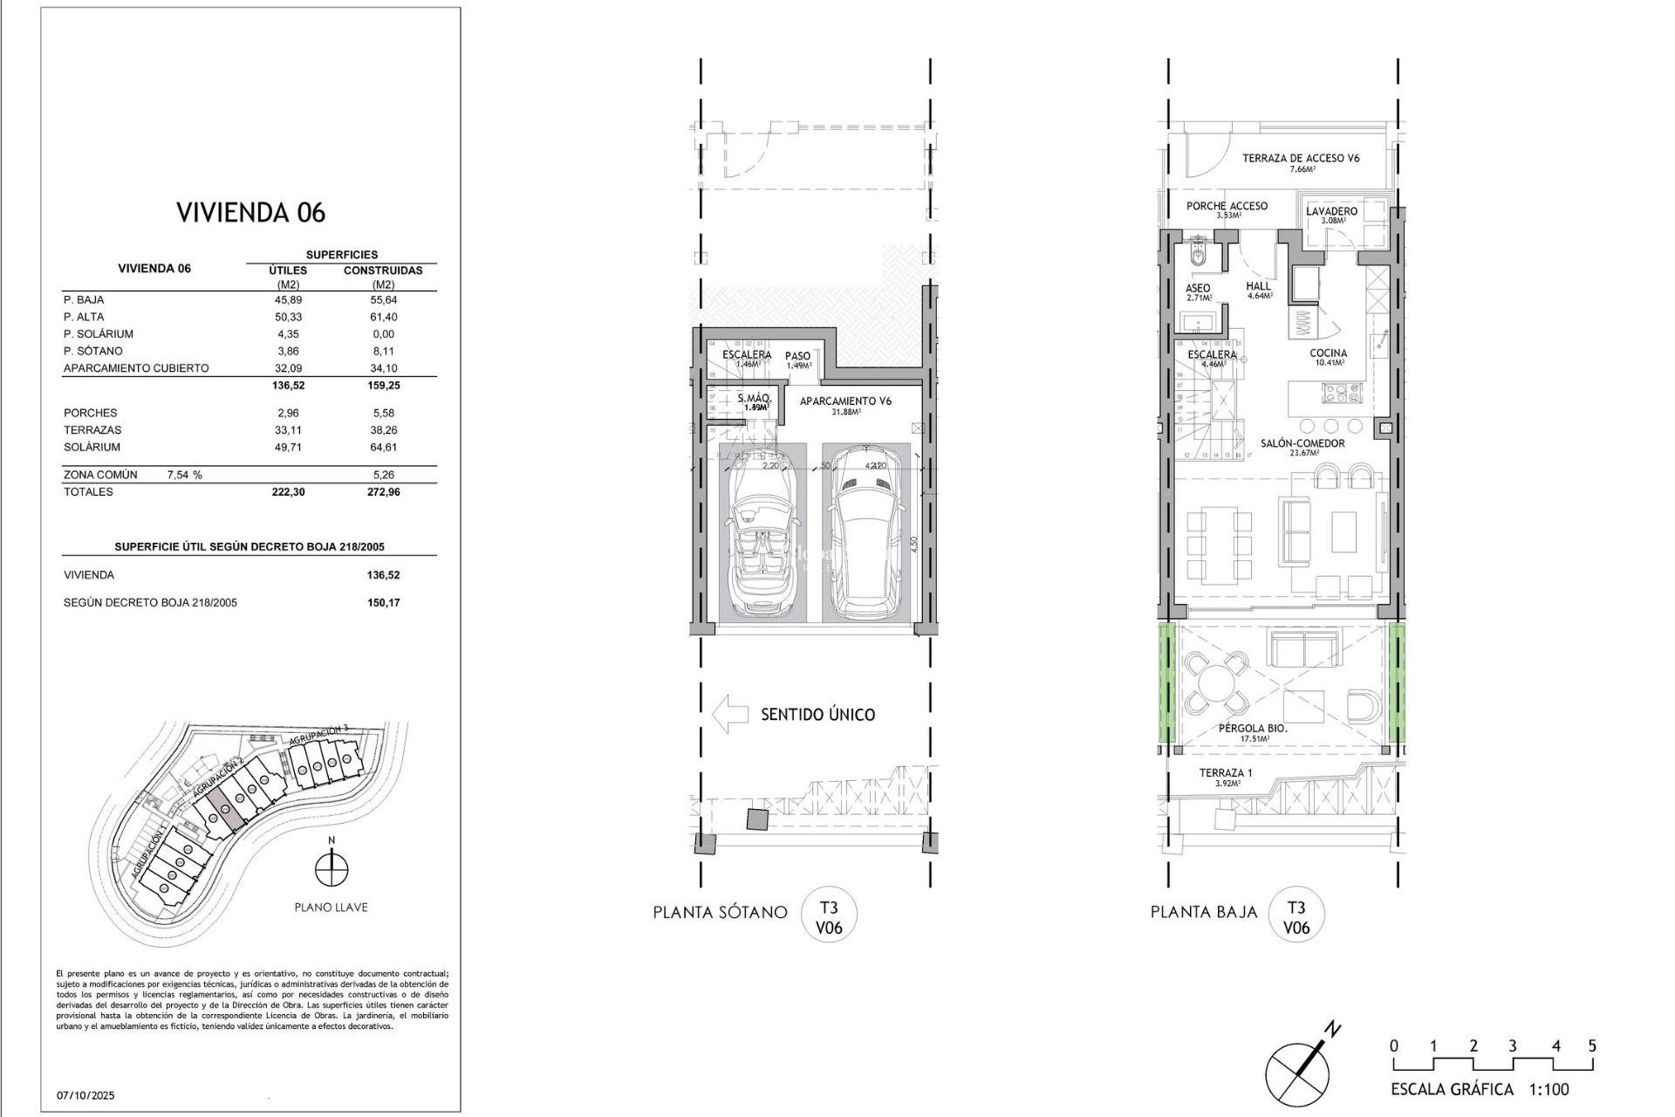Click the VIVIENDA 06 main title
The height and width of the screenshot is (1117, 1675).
click(250, 212)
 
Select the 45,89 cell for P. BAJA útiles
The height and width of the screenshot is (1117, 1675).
click(288, 299)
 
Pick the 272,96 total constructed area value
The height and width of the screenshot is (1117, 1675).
click(383, 491)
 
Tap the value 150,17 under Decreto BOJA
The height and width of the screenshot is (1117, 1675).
click(383, 602)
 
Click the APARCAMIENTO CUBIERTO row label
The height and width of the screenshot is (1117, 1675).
click(136, 368)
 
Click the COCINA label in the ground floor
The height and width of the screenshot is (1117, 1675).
click(1328, 353)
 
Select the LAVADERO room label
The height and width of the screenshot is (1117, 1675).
click(1331, 211)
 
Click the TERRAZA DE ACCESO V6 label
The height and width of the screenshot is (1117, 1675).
click(1301, 158)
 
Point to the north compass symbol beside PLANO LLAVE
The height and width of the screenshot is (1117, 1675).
click(332, 869)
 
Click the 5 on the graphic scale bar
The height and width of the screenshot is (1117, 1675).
click(1592, 1045)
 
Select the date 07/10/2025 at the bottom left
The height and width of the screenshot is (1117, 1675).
click(85, 1095)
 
